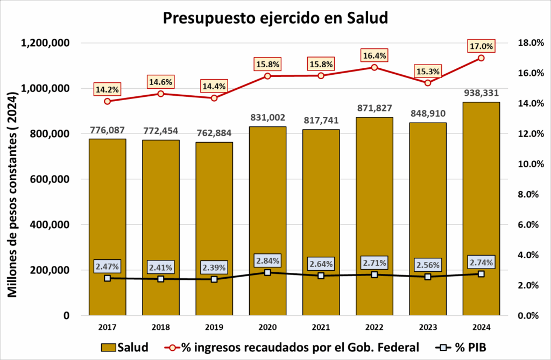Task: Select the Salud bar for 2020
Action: coord(267,221)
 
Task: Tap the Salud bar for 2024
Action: coord(481,210)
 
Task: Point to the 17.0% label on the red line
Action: coord(481,46)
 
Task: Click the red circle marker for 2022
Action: coord(374,67)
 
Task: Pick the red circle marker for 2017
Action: coord(107,101)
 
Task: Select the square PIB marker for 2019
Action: coord(214,279)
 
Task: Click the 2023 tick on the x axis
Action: coord(428,326)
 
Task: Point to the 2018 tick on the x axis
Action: coord(160,326)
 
